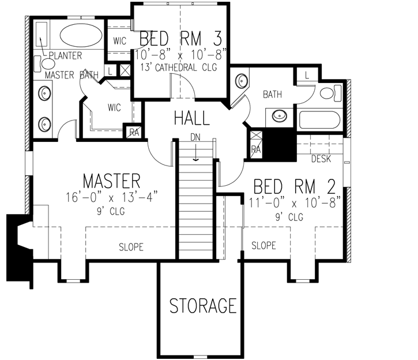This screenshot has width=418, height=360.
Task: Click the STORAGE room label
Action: (x=203, y=305)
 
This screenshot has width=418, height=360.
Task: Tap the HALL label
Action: (x=191, y=118)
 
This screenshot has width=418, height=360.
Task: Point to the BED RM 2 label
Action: (x=295, y=187)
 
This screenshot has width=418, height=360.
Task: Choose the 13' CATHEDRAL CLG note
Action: (x=181, y=67)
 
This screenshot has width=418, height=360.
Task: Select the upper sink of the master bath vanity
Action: (x=44, y=92)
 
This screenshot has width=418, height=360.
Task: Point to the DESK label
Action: (x=321, y=158)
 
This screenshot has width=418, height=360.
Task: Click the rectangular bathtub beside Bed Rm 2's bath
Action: (x=321, y=120)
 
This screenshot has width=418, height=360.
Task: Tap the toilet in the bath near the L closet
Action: (x=328, y=93)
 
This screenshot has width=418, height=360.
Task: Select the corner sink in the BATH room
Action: (x=240, y=80)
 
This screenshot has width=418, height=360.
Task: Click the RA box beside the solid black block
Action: (x=255, y=149)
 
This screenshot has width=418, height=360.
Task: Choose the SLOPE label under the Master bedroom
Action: (x=131, y=247)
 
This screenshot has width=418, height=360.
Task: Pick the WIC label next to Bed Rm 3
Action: (x=120, y=41)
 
